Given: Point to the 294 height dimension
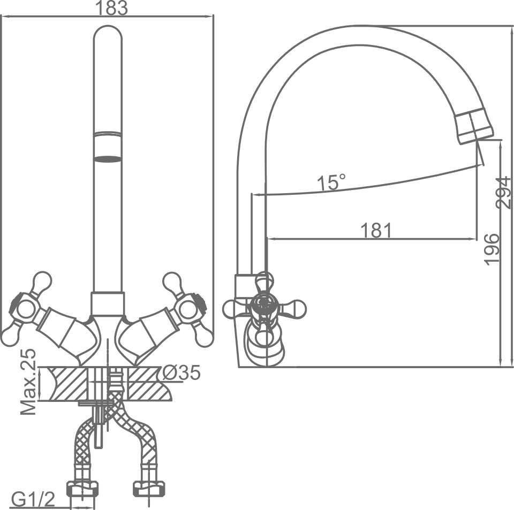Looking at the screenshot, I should (x=504, y=193).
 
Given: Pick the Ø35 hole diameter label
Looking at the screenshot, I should (x=182, y=372).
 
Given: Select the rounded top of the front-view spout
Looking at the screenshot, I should (x=108, y=35).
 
